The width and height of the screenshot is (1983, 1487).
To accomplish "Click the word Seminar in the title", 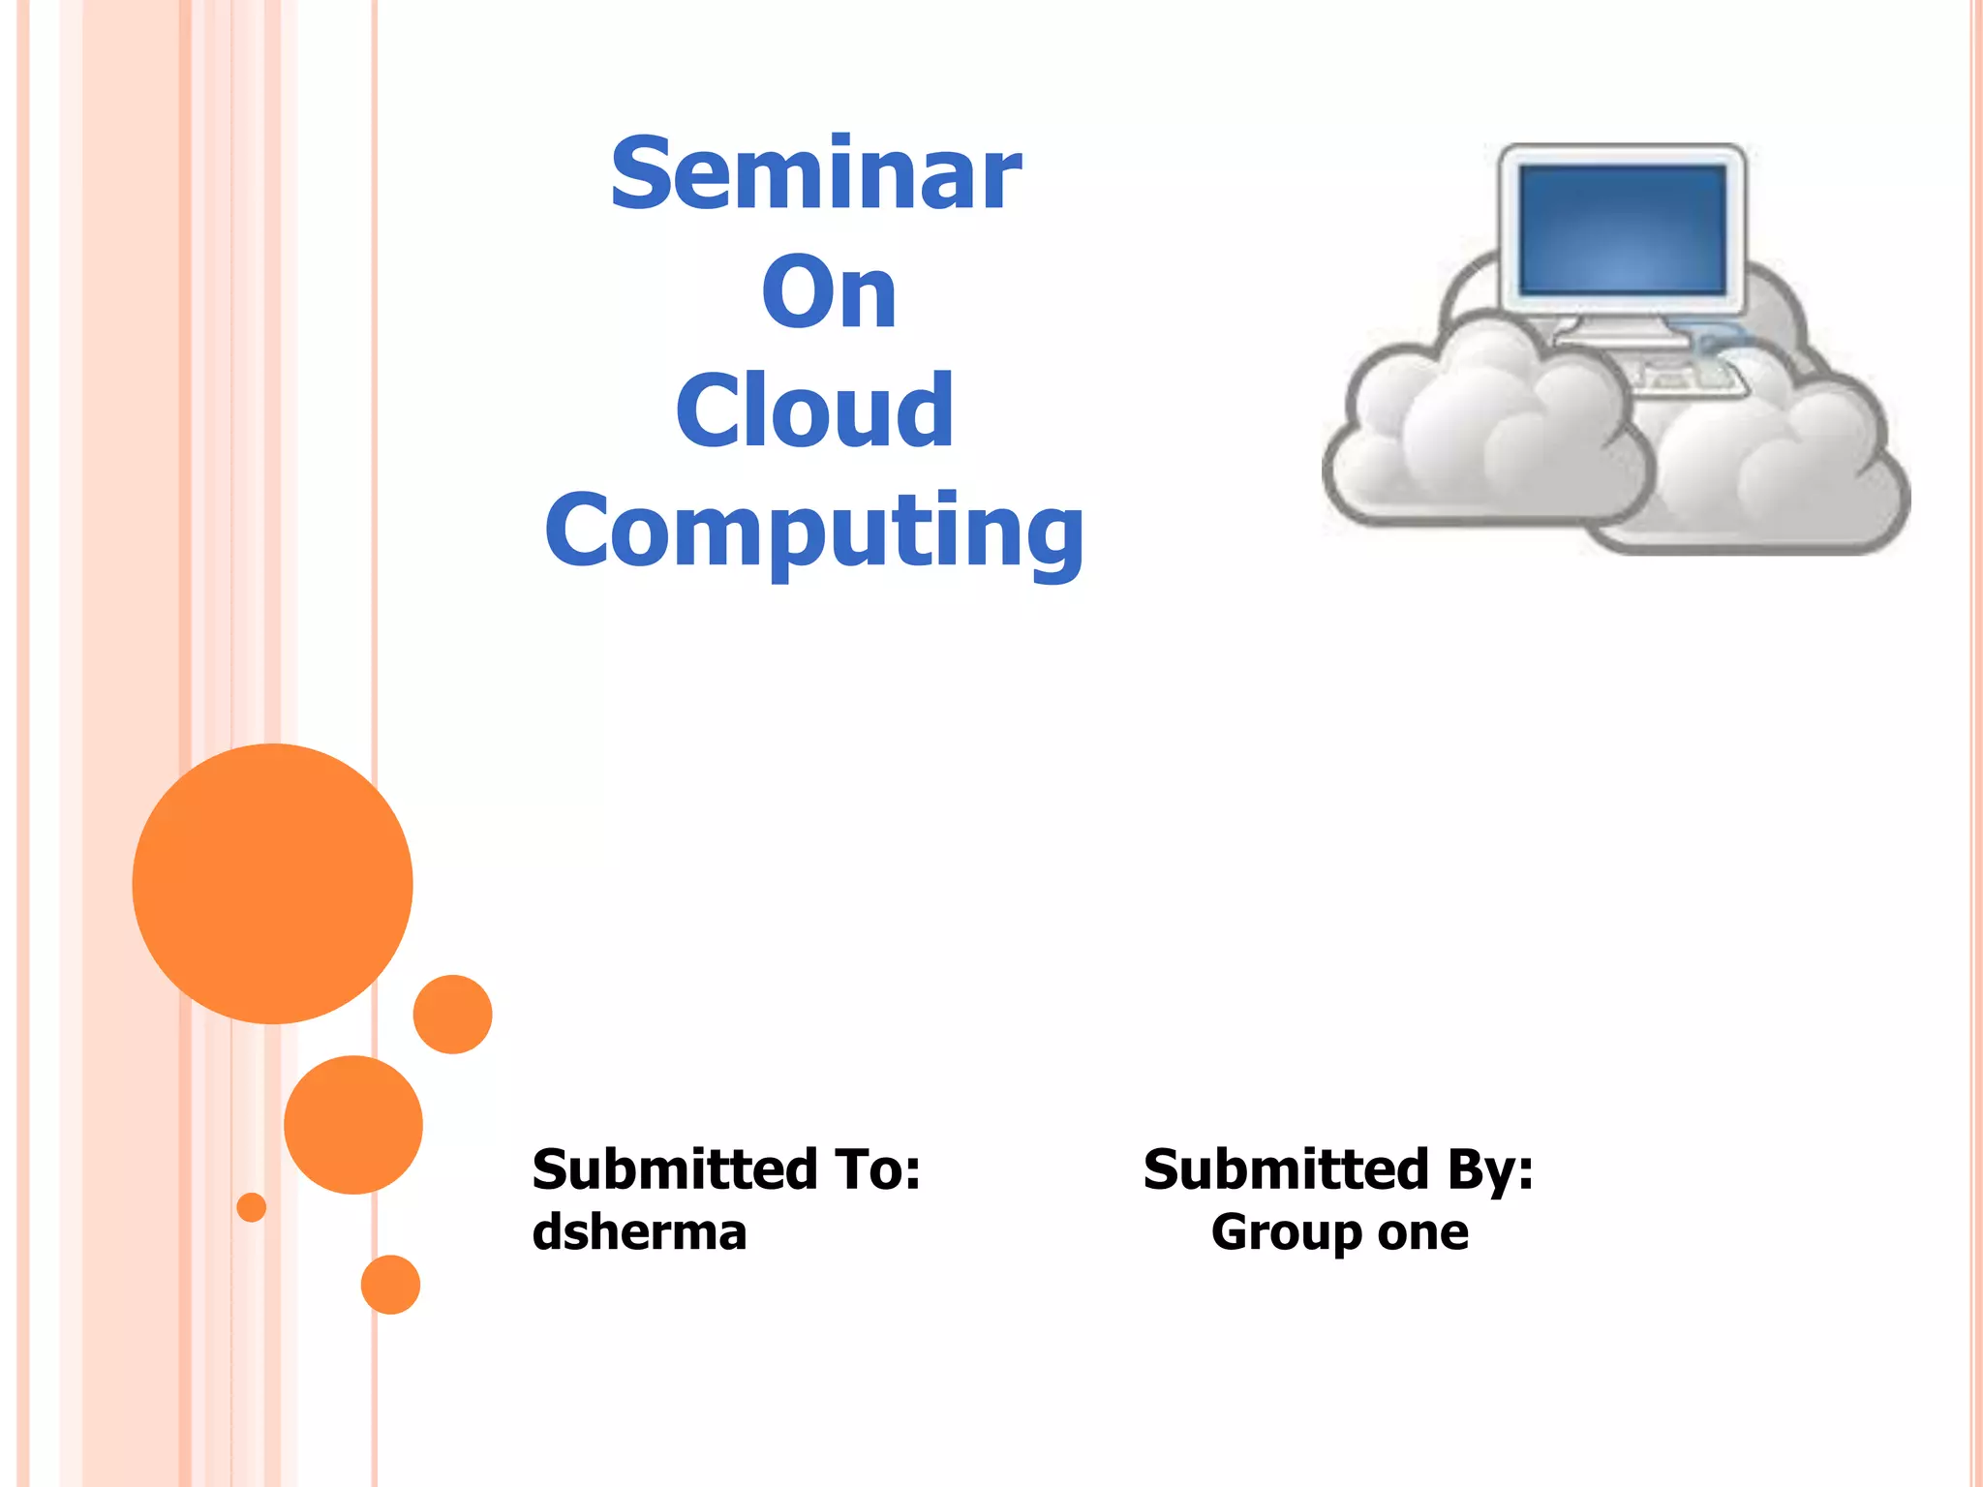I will click(x=815, y=176).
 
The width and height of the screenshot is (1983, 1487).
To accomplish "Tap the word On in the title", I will click(x=829, y=293).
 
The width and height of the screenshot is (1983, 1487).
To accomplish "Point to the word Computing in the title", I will click(x=814, y=532).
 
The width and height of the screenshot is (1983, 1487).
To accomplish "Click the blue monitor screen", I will click(x=1623, y=229).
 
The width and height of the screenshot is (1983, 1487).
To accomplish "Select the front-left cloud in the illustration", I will click(x=1481, y=436).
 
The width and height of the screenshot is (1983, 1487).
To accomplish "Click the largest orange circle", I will click(x=273, y=883).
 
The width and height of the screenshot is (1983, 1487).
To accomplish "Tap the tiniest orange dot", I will click(x=252, y=1207).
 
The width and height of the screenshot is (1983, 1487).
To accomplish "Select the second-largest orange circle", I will click(x=353, y=1124).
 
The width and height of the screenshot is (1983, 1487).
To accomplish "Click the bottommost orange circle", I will click(x=390, y=1285).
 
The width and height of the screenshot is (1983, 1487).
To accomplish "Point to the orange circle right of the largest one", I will click(x=452, y=1015).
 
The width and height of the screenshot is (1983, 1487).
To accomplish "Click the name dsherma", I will click(x=639, y=1233).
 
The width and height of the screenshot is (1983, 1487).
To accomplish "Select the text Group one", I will click(x=1339, y=1233).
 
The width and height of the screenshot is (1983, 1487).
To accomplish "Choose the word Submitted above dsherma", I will click(x=675, y=1169).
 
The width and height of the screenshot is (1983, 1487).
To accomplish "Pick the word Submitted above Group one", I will click(x=1286, y=1169).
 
